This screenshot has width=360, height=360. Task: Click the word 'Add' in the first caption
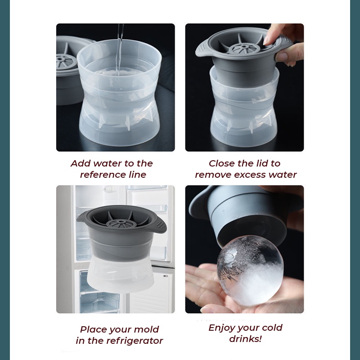point(81,163)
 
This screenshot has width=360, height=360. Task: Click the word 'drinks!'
point(245,339)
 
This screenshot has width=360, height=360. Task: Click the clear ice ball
point(250,271)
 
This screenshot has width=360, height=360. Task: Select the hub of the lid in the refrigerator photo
point(121,222)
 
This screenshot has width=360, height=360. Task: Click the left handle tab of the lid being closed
point(202,50)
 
